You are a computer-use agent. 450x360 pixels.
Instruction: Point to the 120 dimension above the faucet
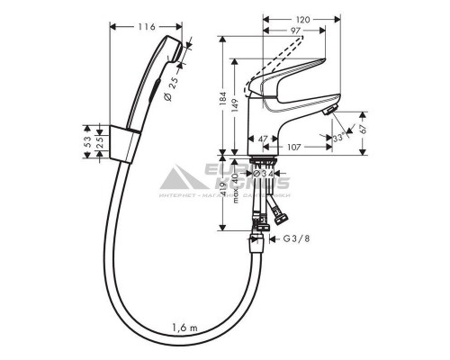point(302,18)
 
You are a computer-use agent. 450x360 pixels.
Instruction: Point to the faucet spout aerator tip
point(329,111)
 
